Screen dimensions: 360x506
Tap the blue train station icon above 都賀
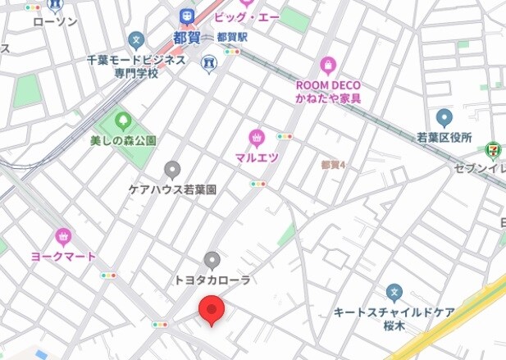(186, 16)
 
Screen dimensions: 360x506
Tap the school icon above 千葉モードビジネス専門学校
(135, 39)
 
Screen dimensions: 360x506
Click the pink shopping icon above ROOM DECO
(328, 64)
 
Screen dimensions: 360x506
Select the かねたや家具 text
(328, 99)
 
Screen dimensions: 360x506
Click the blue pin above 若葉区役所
(444, 117)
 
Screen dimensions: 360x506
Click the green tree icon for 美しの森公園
(123, 121)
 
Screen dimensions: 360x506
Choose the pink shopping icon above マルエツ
(257, 137)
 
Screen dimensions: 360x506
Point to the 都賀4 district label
(333, 165)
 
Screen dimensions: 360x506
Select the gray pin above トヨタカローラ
(212, 261)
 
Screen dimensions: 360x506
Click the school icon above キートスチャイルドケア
(394, 292)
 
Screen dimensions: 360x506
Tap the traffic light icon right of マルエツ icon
(285, 136)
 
